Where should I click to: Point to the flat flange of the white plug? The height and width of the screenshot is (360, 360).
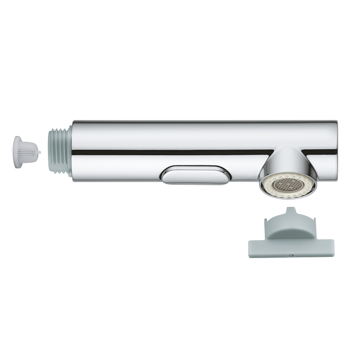17,152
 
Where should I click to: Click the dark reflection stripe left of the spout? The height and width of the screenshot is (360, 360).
169,152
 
